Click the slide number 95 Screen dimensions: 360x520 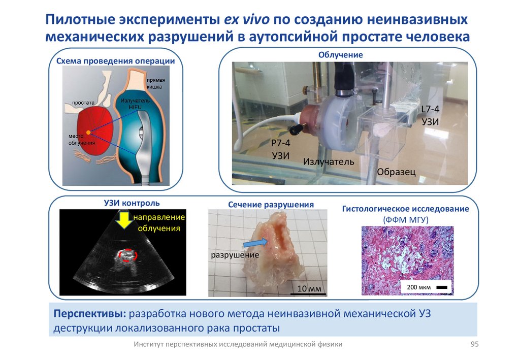(x=475, y=344)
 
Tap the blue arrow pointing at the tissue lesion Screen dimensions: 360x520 (x=255, y=243)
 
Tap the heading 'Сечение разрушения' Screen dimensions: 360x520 (x=271, y=205)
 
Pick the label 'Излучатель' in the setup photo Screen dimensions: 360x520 (x=328, y=161)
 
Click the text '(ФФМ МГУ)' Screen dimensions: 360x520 (x=406, y=219)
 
